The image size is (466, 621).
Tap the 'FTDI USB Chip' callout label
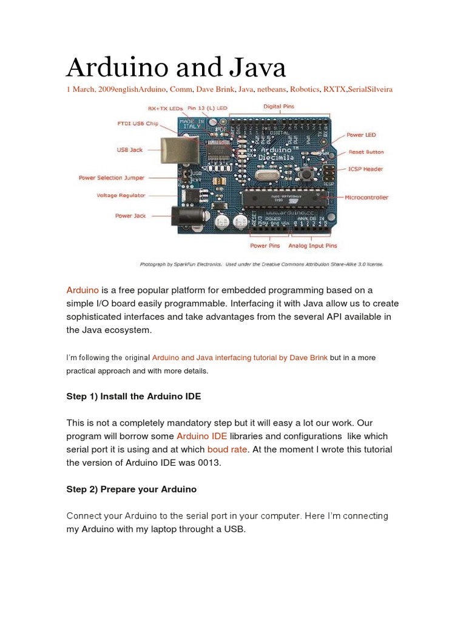tap(138, 124)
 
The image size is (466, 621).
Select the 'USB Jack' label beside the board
tap(130, 149)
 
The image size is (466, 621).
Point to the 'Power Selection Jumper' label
tap(112, 178)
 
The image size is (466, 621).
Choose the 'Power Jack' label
tap(131, 215)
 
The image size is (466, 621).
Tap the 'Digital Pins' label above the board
tap(279, 106)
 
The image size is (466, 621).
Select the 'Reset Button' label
tap(366, 152)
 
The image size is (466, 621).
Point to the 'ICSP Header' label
tap(366, 169)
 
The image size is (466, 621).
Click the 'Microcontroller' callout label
tap(366, 197)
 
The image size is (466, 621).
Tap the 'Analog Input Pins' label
tap(312, 246)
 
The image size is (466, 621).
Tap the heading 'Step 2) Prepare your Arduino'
tap(131, 489)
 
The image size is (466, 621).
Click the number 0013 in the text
tap(209, 463)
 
